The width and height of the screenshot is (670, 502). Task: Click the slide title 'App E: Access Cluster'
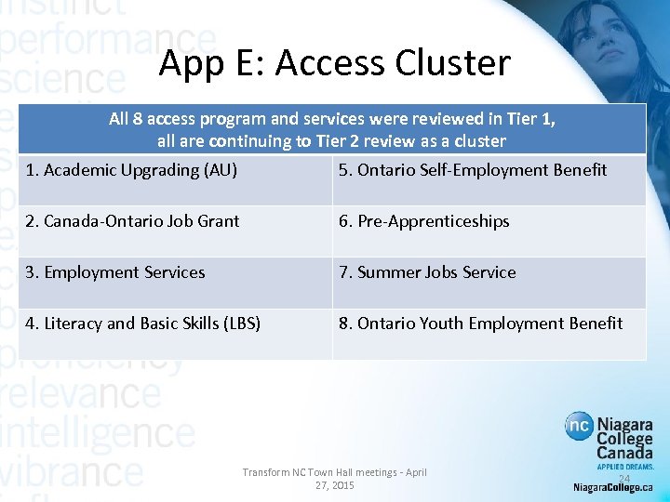[334, 63]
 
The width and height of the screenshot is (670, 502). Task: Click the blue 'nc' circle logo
[579, 427]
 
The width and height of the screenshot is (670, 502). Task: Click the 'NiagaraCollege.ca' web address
[613, 487]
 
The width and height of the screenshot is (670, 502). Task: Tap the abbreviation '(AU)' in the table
[219, 170]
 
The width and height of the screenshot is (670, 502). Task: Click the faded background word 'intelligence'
[98, 433]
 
